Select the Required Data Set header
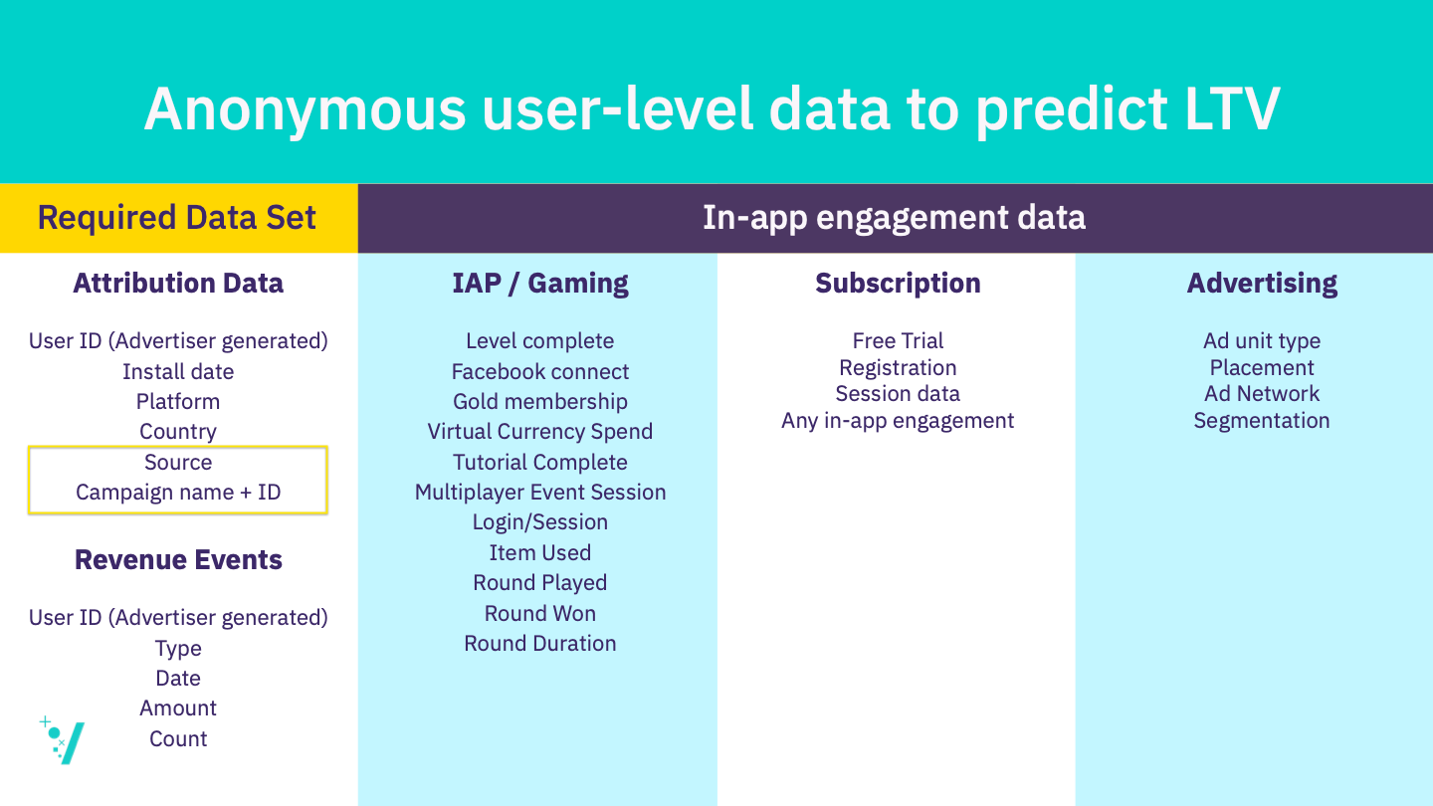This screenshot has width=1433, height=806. tap(176, 218)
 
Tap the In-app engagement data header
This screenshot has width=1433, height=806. tap(895, 218)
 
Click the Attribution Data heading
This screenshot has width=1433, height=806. tap(178, 283)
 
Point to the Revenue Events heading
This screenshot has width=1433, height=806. tap(178, 559)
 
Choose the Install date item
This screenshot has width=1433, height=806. tap(178, 371)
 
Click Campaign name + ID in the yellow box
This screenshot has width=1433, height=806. tap(178, 492)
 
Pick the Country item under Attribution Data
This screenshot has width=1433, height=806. tap(178, 432)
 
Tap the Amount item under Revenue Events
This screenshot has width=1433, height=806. tap(178, 708)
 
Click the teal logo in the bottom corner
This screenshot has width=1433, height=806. tap(63, 740)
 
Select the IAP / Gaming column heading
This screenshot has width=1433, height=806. tap(540, 284)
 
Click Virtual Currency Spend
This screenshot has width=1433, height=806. tap(540, 432)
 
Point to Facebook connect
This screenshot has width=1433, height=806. tap(540, 371)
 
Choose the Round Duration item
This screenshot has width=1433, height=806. tap(540, 643)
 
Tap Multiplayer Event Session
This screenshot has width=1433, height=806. tap(540, 492)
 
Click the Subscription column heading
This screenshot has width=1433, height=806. tap(898, 284)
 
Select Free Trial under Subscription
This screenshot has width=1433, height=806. tap(898, 341)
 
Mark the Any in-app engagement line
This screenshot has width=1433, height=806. tap(898, 421)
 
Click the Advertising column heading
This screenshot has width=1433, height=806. tap(1262, 284)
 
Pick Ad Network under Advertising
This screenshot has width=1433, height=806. tap(1262, 393)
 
